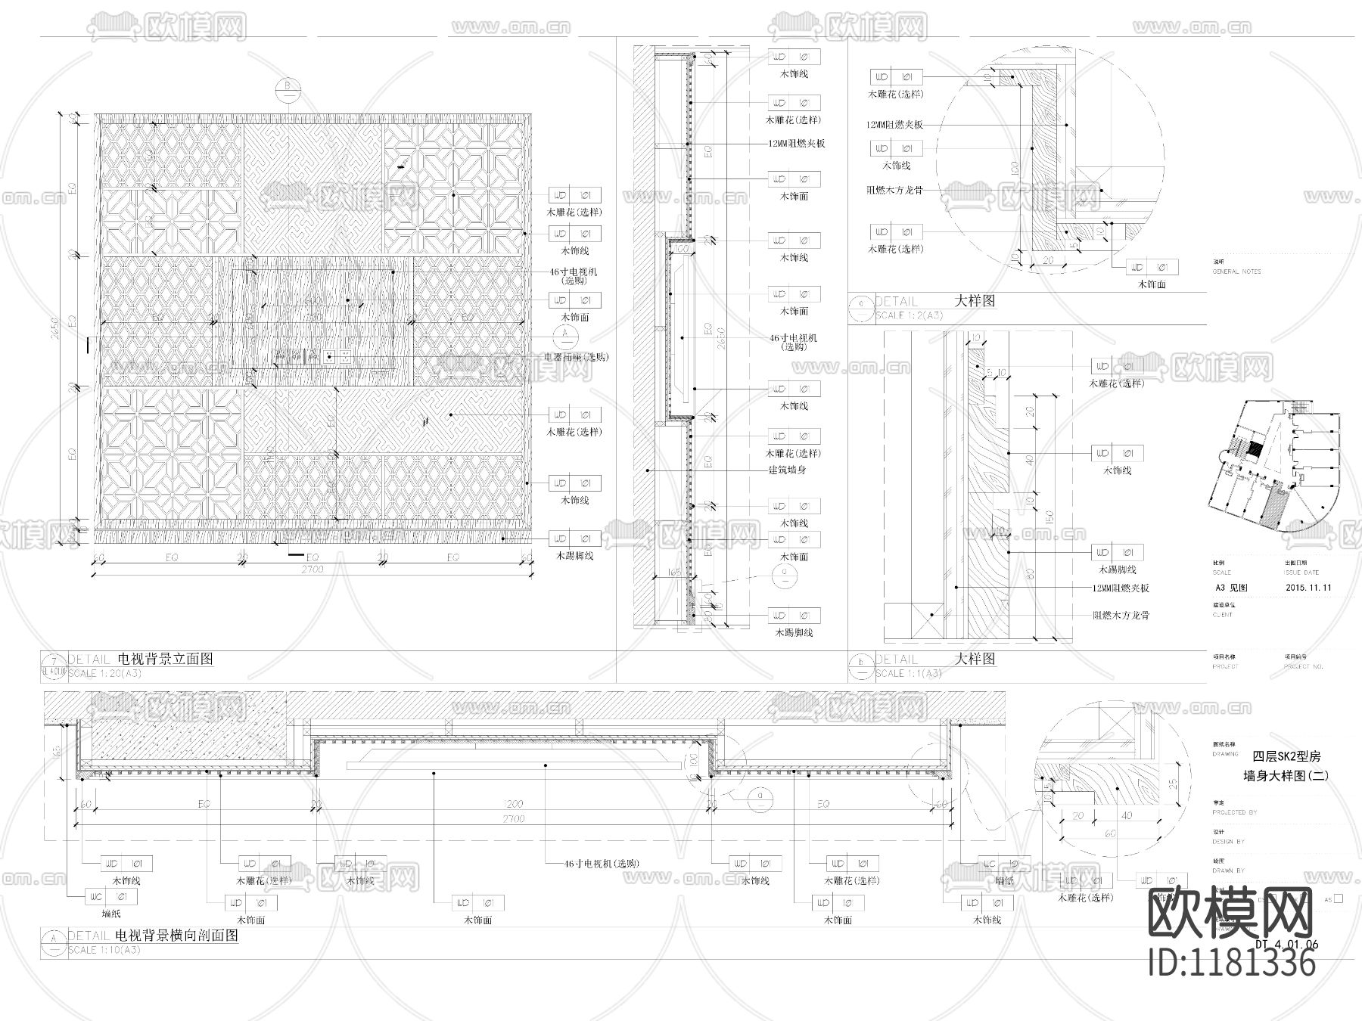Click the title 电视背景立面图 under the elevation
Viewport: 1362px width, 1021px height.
166,659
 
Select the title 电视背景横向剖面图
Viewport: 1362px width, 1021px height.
178,936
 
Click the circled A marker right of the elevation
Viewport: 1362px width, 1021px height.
565,335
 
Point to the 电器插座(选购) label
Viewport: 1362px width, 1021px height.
576,357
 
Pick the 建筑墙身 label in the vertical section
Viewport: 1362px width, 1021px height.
787,470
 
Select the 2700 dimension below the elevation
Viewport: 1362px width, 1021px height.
311,569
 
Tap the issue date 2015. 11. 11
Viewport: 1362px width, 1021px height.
1308,588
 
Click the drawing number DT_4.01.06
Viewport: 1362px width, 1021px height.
1286,945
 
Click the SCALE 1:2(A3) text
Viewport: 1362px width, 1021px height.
908,315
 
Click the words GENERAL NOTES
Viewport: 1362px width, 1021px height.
1236,272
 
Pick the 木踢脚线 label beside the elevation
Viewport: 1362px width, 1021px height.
571,556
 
